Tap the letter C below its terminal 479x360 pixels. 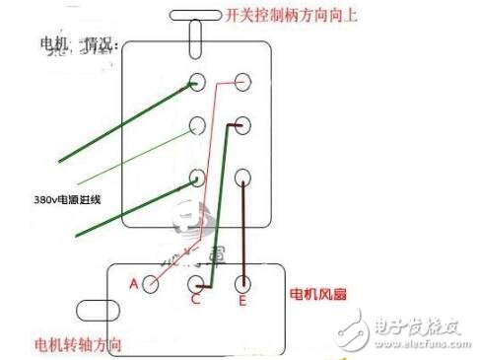195,301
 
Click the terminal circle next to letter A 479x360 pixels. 151,284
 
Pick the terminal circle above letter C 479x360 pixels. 195,284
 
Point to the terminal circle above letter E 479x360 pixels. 242,284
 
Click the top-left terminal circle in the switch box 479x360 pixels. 197,81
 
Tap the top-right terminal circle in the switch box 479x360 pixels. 244,81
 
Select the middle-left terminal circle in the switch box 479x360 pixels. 197,126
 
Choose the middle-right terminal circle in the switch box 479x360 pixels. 244,126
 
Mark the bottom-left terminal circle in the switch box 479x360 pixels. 197,178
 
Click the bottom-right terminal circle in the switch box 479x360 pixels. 244,178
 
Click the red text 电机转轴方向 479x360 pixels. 78,345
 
